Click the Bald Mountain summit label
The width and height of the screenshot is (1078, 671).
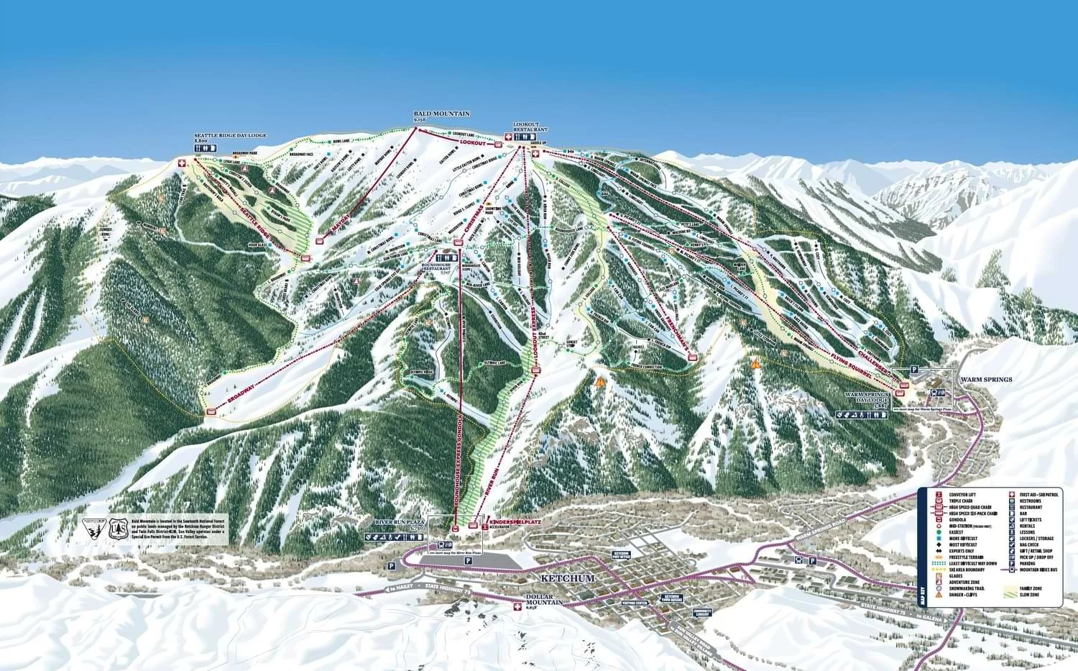(441, 114)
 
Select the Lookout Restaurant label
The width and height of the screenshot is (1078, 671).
(530, 127)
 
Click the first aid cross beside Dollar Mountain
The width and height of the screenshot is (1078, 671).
(515, 607)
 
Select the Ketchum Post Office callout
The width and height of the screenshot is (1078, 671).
(622, 555)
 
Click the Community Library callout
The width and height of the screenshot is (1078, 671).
(702, 613)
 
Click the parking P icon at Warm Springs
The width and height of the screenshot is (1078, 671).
(915, 368)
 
